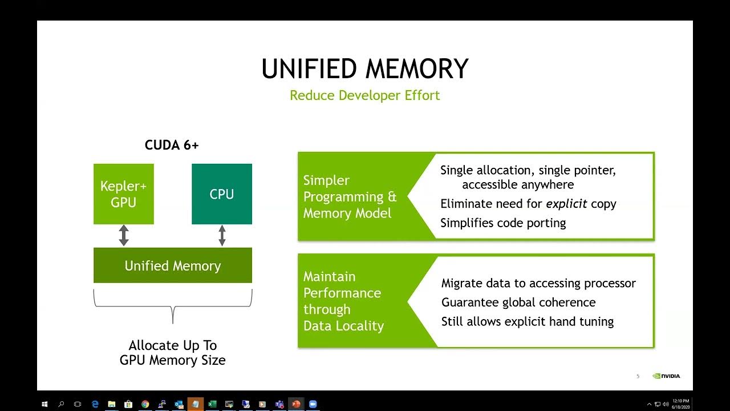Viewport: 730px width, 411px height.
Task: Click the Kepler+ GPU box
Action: point(123,194)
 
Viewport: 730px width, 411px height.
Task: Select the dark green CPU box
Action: point(221,194)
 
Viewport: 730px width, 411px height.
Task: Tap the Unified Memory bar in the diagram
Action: point(172,265)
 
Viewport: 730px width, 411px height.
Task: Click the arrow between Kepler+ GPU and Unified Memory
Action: point(124,236)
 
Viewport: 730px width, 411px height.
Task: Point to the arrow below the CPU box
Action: point(222,236)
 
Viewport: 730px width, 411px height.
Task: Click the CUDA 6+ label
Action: point(172,145)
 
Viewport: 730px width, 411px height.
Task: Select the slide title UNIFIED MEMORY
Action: point(365,69)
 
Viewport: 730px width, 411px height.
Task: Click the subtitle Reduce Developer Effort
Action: point(365,95)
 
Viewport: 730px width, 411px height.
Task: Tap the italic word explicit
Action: point(566,204)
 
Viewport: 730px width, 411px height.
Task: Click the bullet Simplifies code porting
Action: point(503,223)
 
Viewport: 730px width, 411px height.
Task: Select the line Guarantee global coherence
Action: point(518,303)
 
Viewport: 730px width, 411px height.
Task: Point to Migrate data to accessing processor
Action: point(538,283)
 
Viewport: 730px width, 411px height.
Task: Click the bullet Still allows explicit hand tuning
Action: point(527,321)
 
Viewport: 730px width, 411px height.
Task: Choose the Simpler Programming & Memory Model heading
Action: point(349,197)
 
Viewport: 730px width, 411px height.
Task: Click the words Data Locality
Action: point(343,326)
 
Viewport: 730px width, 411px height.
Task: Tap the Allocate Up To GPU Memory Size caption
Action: point(172,353)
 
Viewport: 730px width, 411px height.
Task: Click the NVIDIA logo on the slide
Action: point(667,376)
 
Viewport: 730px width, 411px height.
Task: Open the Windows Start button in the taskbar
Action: point(44,404)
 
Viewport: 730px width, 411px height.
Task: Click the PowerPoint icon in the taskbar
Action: point(296,404)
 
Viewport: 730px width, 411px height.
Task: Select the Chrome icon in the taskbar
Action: point(145,404)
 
